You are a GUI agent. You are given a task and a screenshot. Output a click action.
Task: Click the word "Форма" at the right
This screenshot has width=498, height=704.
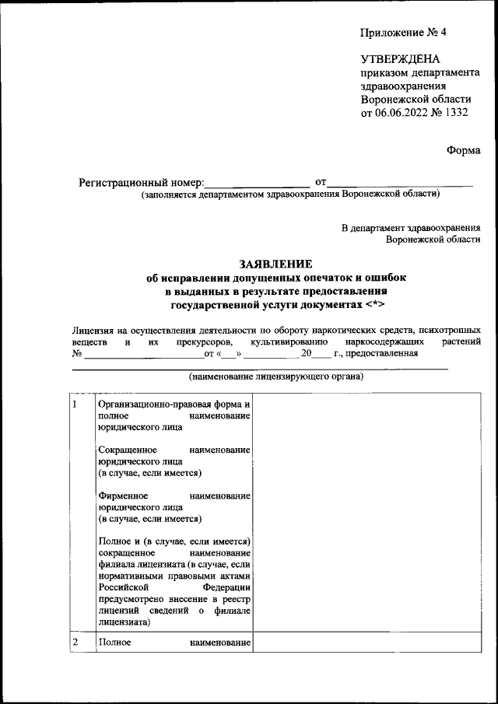[x=464, y=150]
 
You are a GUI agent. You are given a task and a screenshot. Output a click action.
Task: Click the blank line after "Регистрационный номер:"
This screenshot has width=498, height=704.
[x=257, y=184]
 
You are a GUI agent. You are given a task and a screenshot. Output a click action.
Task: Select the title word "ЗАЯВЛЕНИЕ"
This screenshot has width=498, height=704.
[x=277, y=264]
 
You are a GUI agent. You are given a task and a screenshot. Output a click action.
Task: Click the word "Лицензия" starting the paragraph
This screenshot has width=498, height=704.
[x=92, y=330]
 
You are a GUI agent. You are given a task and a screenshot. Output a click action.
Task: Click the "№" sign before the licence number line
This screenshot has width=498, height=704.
[x=77, y=354]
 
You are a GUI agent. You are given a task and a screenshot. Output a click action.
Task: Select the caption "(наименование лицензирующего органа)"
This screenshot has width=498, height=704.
[x=276, y=377]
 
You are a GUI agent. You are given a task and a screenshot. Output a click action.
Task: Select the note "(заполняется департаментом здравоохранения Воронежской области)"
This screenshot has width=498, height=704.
[x=289, y=194]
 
